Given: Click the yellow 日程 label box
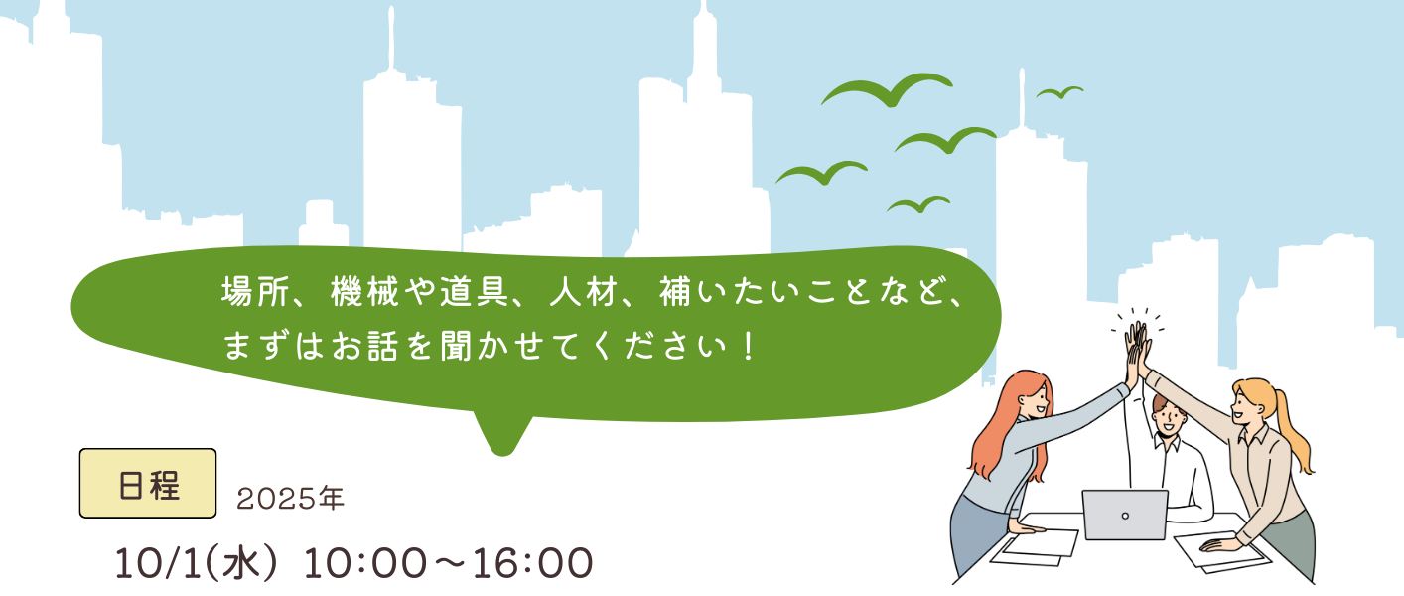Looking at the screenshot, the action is pos(148,483).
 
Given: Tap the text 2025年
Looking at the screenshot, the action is pos(290,499).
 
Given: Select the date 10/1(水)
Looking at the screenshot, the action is pos(196,563).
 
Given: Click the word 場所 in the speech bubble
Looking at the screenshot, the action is pos(254,292).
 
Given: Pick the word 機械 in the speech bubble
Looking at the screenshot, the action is pos(364,292).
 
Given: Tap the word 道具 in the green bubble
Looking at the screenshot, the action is pos(474,292).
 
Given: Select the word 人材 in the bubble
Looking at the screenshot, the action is pos(584,292).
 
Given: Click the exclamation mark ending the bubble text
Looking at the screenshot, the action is pos(748,346).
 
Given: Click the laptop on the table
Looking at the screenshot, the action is pos(1125,515).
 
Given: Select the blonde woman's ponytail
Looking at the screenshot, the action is pos(1295,433).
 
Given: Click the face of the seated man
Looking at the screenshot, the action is pos(1167,420).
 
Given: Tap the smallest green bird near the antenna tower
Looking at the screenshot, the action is pos(1059,92).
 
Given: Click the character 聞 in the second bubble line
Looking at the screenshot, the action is pos(456,346).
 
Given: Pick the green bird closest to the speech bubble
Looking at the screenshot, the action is pos(918,204).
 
